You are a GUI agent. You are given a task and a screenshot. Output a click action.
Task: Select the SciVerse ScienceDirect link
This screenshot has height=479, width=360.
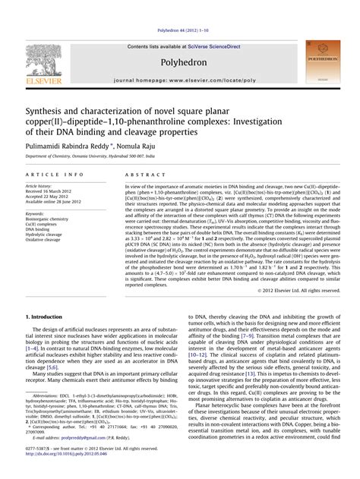tap(207, 46)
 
